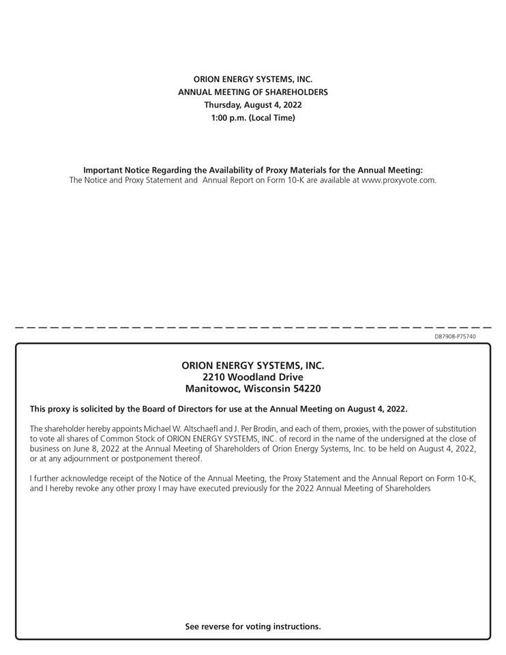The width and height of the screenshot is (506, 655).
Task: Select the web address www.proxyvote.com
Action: [x=398, y=181]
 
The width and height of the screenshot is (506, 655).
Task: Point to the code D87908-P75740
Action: [x=455, y=336]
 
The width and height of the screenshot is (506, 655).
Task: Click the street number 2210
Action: [x=215, y=377]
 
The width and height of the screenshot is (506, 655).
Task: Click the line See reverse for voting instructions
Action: [x=253, y=626]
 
